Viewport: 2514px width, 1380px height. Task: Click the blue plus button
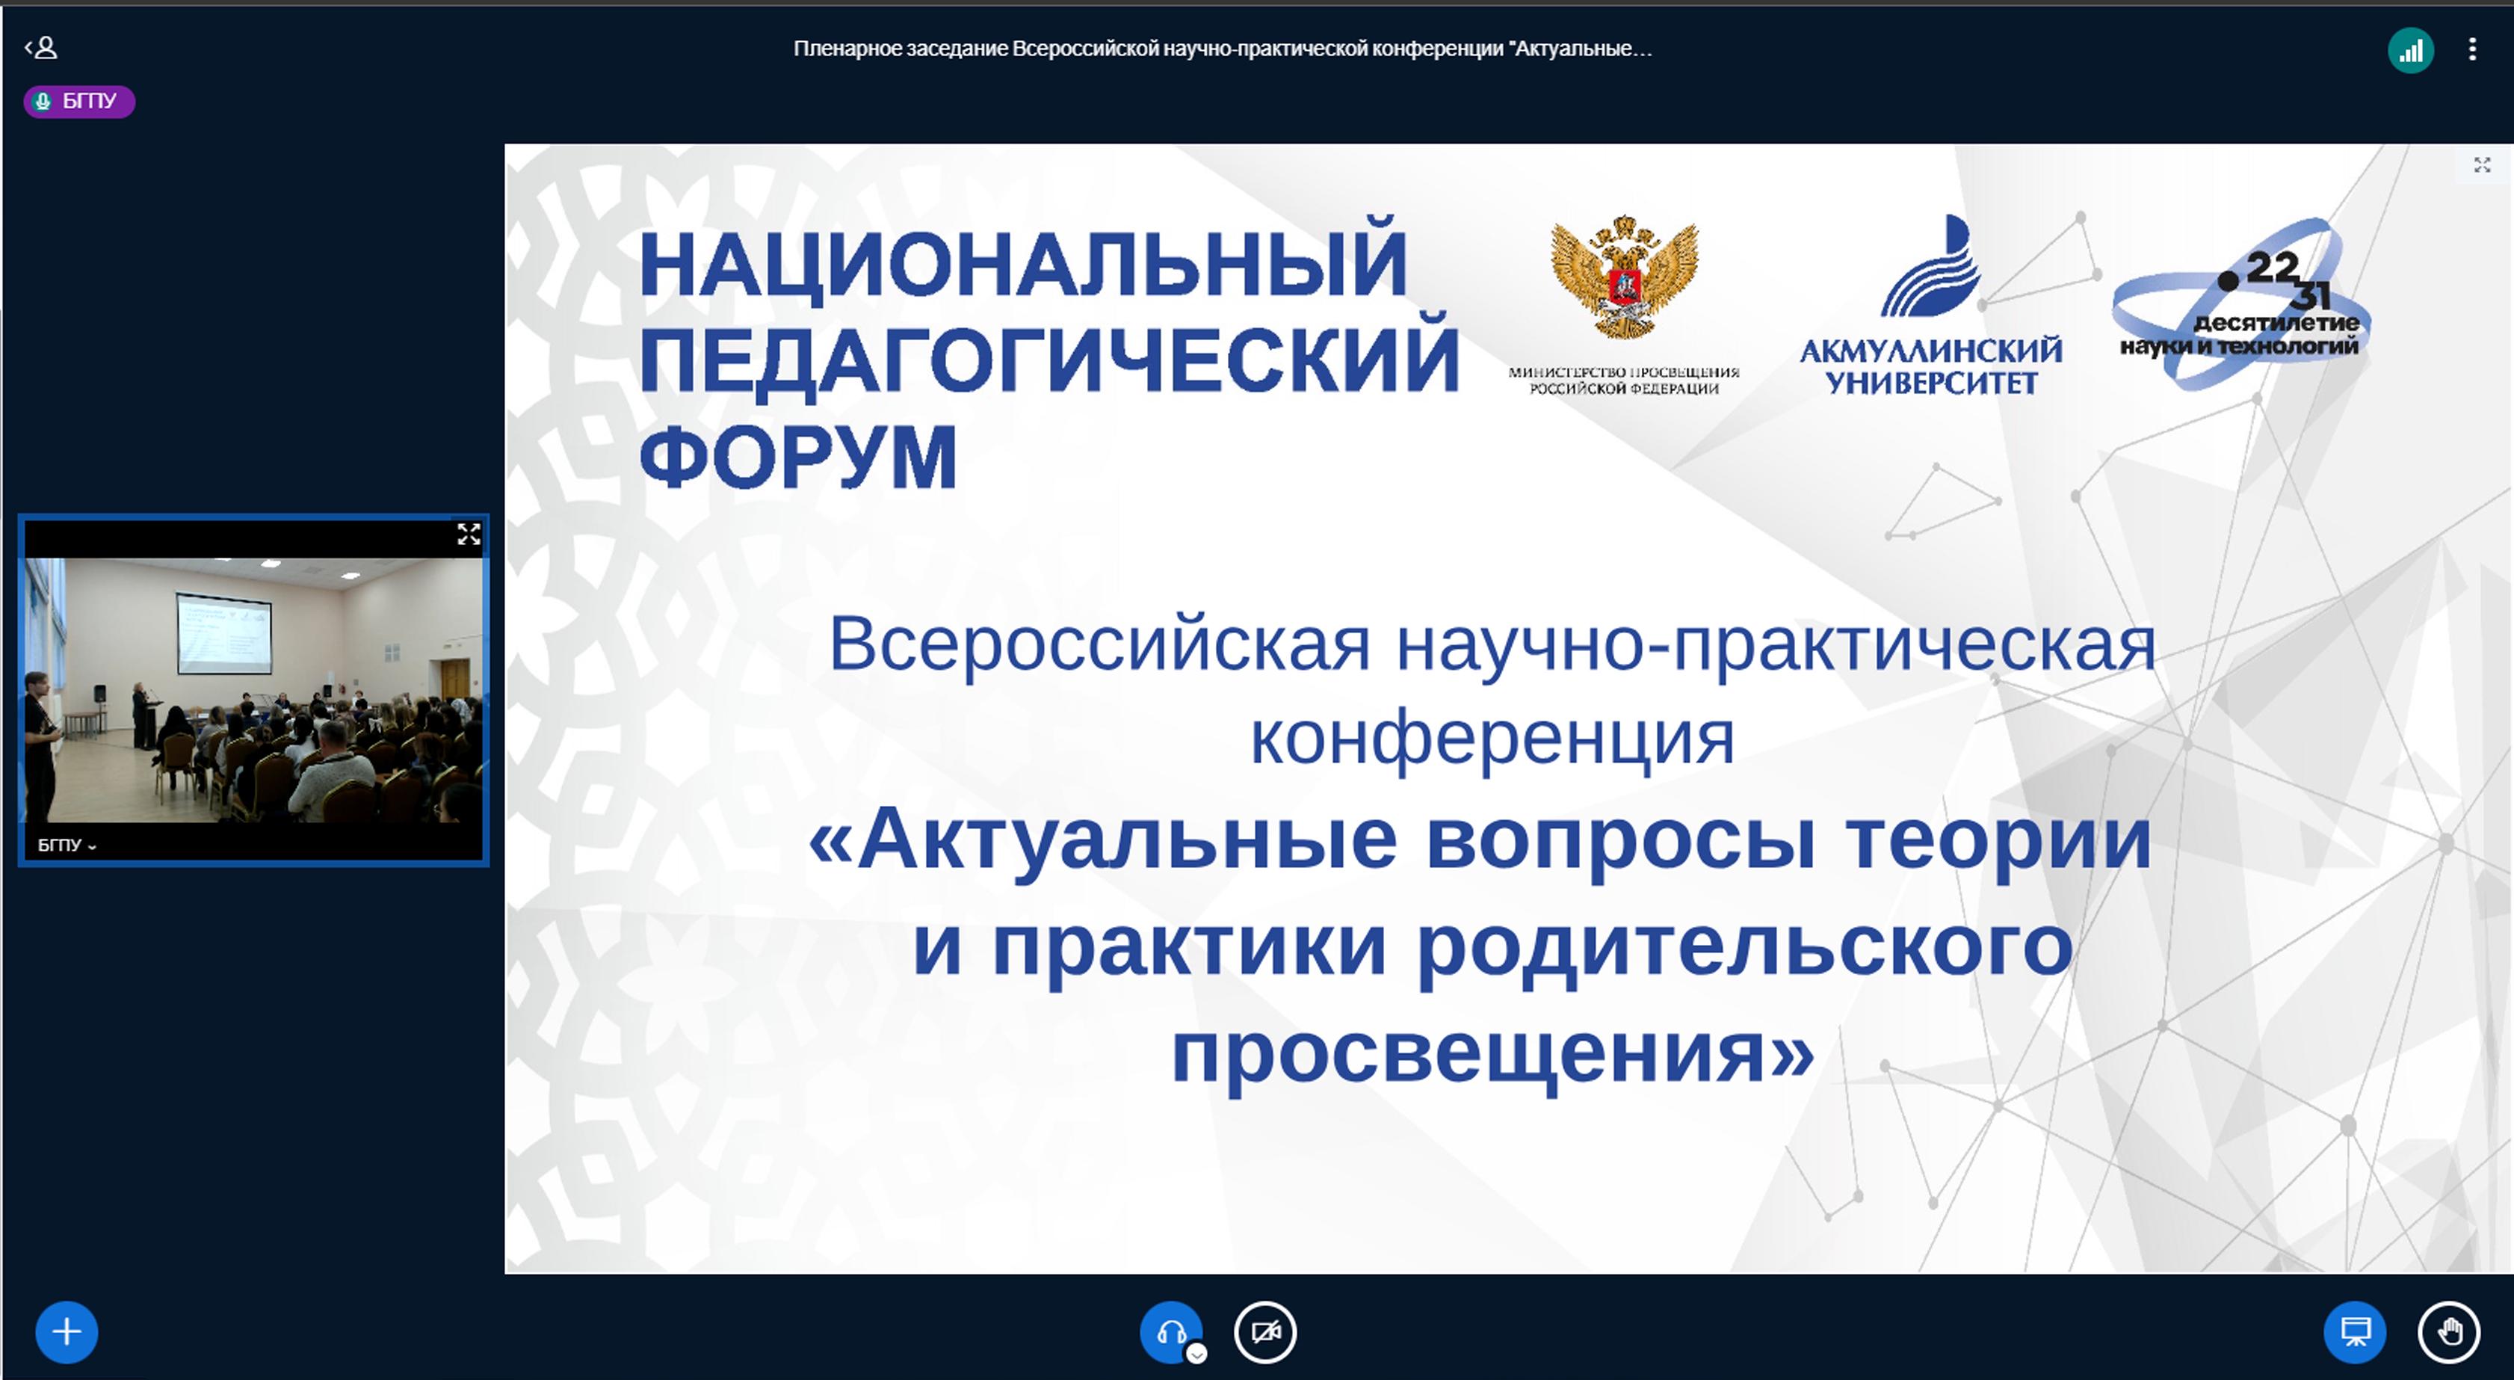tap(67, 1331)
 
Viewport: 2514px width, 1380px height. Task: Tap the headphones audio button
tap(1170, 1331)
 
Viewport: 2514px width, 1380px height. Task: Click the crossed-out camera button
tap(1264, 1331)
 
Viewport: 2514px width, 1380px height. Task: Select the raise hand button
tap(2449, 1331)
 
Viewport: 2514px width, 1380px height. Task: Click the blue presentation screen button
tap(2355, 1331)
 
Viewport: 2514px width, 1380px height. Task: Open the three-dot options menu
tap(2472, 49)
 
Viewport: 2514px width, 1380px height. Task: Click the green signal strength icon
tap(2411, 50)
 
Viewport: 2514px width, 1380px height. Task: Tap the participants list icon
tap(41, 47)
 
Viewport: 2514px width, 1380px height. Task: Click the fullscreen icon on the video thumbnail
tap(469, 534)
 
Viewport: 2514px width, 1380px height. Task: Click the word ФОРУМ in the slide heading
tap(798, 456)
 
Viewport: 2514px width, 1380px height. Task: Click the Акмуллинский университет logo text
tap(1930, 366)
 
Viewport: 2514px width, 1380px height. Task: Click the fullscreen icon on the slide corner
tap(2482, 165)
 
